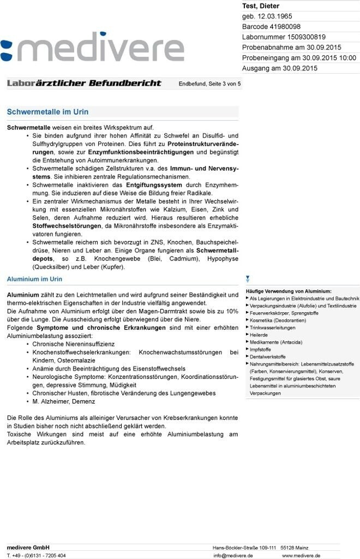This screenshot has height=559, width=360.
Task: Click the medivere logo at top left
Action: tap(92, 50)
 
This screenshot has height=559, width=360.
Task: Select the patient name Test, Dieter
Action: tap(261, 6)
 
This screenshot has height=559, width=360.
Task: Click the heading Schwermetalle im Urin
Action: tap(47, 112)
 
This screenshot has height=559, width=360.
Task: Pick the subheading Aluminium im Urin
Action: tap(34, 279)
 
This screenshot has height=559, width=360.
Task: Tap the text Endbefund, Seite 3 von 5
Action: tap(209, 84)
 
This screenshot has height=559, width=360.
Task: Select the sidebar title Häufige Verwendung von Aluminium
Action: tap(289, 292)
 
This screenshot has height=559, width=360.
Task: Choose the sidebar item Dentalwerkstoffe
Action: tap(267, 356)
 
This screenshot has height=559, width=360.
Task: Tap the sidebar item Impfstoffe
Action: tap(260, 349)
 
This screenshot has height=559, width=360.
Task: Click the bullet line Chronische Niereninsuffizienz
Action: tap(73, 344)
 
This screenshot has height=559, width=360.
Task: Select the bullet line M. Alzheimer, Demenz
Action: tap(63, 401)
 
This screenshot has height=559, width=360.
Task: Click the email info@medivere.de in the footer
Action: tap(233, 555)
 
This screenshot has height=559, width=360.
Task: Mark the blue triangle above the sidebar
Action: tap(248, 278)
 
